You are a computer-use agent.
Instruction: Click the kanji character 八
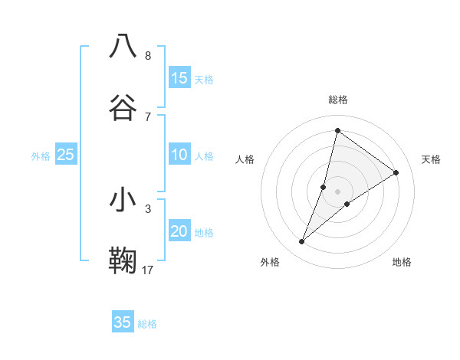click(123, 46)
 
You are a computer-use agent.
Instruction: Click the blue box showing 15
click(179, 78)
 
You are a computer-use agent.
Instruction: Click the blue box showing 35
click(123, 322)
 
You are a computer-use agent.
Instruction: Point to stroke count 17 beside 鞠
click(148, 270)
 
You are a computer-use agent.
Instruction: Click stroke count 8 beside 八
click(148, 55)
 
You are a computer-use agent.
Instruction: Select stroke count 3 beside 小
click(148, 208)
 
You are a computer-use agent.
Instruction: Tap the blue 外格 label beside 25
click(41, 156)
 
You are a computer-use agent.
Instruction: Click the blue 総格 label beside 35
click(147, 323)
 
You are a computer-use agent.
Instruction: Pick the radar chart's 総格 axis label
click(337, 100)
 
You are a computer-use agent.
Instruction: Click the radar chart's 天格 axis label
click(431, 159)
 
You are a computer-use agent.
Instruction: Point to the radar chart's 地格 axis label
click(402, 262)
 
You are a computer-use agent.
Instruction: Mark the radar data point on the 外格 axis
click(302, 242)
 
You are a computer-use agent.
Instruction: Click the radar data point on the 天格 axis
click(396, 173)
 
